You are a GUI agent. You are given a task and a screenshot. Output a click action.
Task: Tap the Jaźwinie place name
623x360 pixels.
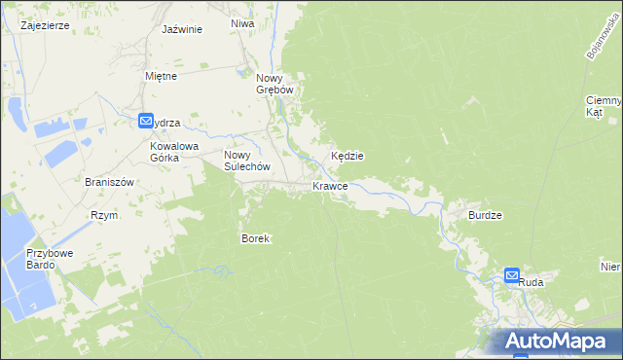coord(182,29)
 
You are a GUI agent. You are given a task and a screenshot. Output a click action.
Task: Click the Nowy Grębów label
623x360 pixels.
coord(275,85)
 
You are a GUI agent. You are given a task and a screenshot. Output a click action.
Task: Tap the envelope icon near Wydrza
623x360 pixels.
coord(146,122)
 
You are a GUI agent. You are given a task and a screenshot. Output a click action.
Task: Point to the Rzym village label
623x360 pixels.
coord(103,216)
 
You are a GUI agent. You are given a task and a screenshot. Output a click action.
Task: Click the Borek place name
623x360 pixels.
coord(255,238)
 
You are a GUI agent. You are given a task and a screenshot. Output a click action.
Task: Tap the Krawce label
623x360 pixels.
coord(330,186)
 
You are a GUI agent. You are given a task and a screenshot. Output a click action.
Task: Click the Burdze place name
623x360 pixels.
coord(484,215)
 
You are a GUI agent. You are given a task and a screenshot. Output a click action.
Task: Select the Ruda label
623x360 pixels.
coord(531,282)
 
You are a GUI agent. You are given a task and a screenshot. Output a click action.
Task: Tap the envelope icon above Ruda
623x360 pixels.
coord(513,275)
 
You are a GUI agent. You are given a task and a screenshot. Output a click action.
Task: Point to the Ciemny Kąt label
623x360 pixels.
coord(604,106)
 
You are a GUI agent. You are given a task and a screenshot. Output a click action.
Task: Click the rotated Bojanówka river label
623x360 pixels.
coord(603,36)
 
